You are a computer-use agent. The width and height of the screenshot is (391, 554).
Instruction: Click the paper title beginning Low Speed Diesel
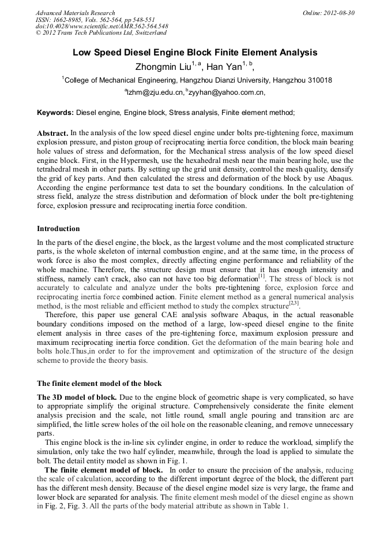[x=195, y=53]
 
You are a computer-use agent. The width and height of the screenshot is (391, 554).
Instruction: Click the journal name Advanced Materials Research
[x=75, y=13]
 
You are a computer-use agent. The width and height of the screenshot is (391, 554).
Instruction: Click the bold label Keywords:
[x=55, y=113]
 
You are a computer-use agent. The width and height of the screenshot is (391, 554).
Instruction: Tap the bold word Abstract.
[x=52, y=133]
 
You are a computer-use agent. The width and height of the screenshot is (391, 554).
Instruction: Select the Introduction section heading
[x=58, y=229]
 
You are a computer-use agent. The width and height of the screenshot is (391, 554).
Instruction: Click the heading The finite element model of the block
[x=99, y=383]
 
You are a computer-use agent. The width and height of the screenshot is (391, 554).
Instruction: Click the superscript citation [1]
[x=261, y=277]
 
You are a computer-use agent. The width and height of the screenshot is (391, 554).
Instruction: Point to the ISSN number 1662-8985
[x=68, y=20]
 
